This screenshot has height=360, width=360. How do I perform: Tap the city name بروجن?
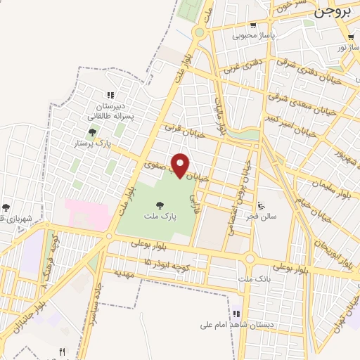[332, 11]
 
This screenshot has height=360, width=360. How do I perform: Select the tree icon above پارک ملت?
[160, 205]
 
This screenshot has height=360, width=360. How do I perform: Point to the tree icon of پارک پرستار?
[92, 131]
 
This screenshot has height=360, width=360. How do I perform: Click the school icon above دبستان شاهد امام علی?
[236, 313]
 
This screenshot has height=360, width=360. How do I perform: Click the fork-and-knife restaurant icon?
[62, 352]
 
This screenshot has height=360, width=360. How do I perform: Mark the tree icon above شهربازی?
[6, 207]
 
